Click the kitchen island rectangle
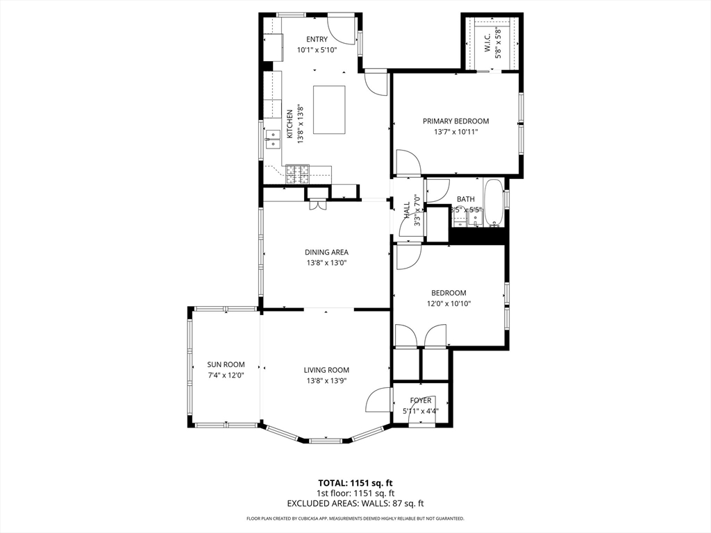pyautogui.click(x=329, y=110)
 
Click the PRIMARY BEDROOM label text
pyautogui.click(x=456, y=121)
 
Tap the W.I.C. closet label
pyautogui.click(x=487, y=42)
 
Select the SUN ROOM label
pyautogui.click(x=226, y=364)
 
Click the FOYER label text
pyautogui.click(x=421, y=400)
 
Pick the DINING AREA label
pyautogui.click(x=326, y=252)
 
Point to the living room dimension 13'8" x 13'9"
pyautogui.click(x=326, y=381)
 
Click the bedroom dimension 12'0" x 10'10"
pyautogui.click(x=449, y=303)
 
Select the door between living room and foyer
pyautogui.click(x=379, y=400)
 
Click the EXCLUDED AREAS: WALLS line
pyautogui.click(x=355, y=503)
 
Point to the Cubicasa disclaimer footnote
pyautogui.click(x=355, y=518)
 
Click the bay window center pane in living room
pyautogui.click(x=326, y=440)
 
